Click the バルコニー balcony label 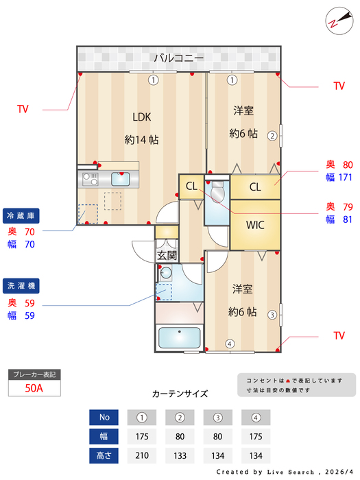[x=178, y=58]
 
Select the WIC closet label [x=255, y=224]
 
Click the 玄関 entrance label [x=167, y=255]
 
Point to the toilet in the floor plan [x=218, y=194]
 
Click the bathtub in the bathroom [x=179, y=338]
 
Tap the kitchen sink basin [x=121, y=180]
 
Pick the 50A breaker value [x=34, y=387]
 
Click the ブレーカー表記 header [x=34, y=374]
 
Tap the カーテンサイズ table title [x=180, y=394]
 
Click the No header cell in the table [x=104, y=417]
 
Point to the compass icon [x=336, y=21]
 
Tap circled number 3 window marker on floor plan [x=272, y=315]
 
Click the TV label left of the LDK [x=23, y=109]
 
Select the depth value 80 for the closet [x=348, y=165]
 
